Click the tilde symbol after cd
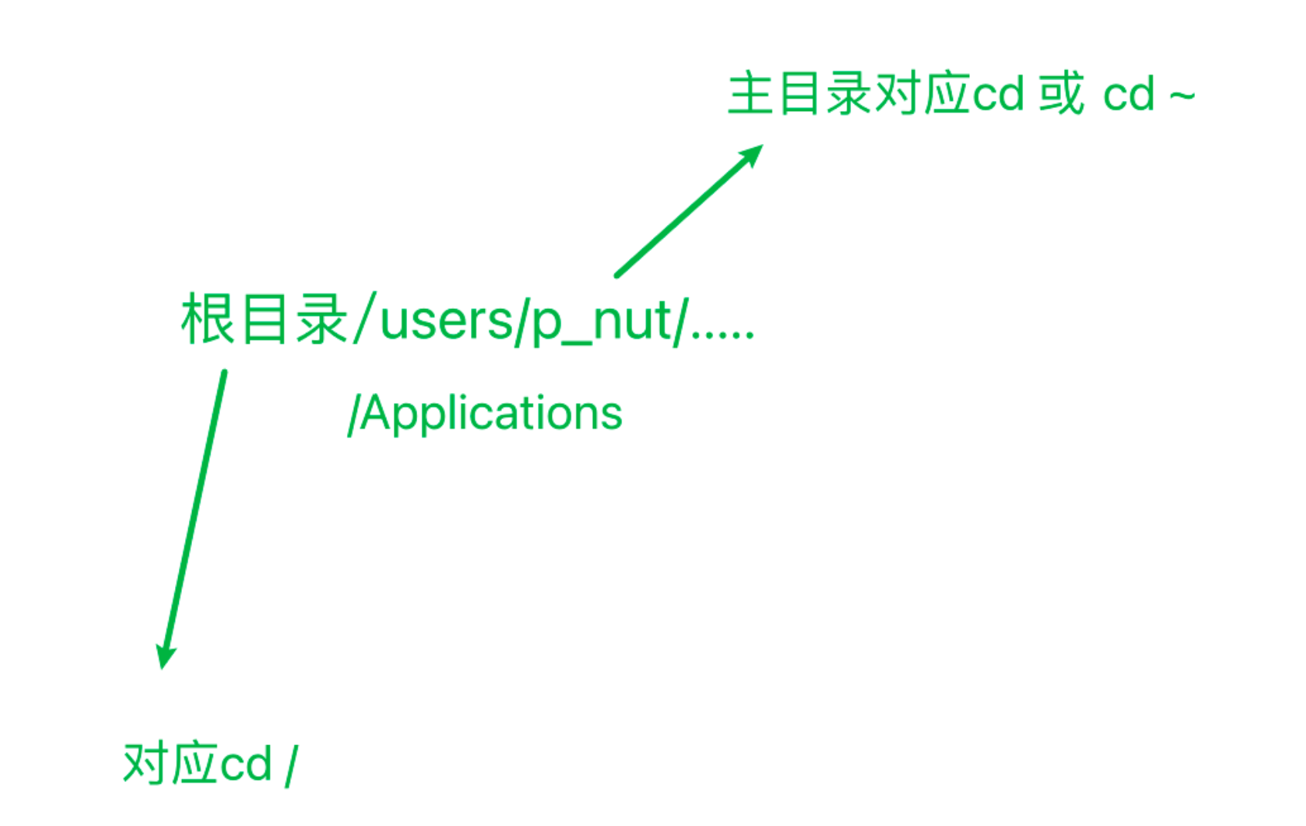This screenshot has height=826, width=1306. [1182, 96]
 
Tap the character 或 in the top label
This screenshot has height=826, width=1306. [1062, 94]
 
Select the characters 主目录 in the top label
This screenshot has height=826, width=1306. [800, 94]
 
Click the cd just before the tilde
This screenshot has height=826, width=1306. [1129, 95]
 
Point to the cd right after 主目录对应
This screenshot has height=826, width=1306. [998, 95]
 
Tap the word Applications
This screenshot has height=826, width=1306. [491, 414]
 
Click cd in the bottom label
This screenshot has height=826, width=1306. [247, 764]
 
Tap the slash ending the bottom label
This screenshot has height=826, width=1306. [291, 766]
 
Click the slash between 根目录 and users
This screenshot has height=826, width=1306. [364, 318]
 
